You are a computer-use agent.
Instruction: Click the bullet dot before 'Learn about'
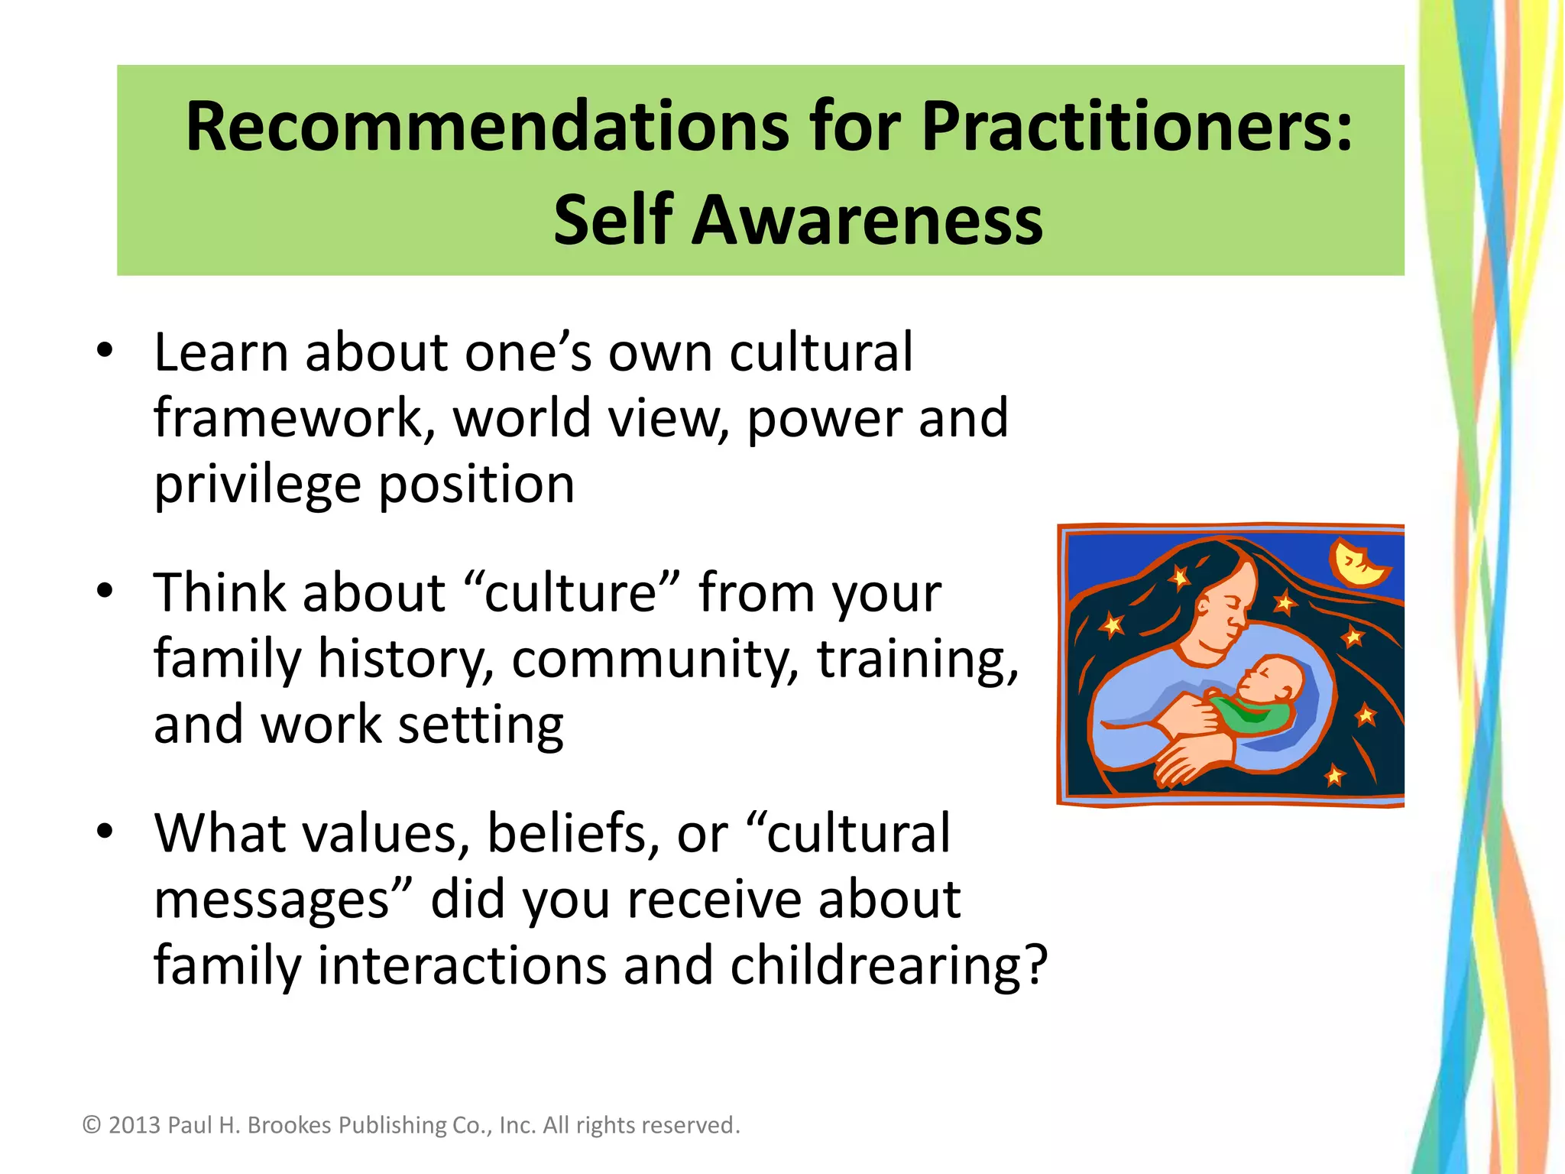point(105,351)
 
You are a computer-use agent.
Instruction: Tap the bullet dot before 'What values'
point(105,831)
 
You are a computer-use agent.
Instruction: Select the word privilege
point(258,485)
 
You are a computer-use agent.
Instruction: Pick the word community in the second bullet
point(654,658)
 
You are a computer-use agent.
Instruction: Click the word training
point(917,658)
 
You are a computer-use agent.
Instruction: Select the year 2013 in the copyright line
point(134,1125)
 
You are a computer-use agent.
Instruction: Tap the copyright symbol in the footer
point(92,1125)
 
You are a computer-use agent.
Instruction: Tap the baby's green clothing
point(1253,715)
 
